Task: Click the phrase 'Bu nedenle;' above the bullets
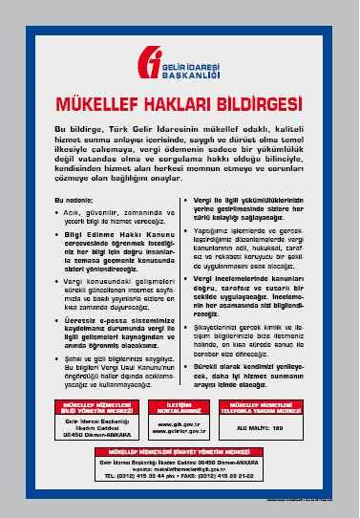click(74, 200)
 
